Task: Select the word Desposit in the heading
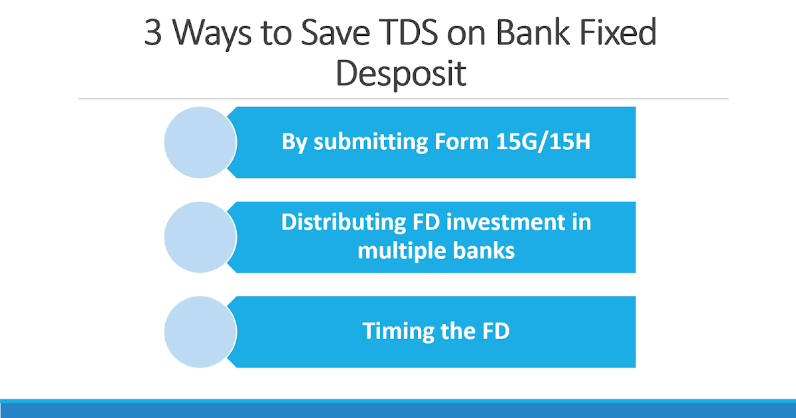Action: [x=401, y=74]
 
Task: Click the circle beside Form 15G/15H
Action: [x=200, y=142]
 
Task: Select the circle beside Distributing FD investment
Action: [x=200, y=237]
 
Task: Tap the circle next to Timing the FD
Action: [x=200, y=332]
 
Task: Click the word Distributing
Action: [x=340, y=222]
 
